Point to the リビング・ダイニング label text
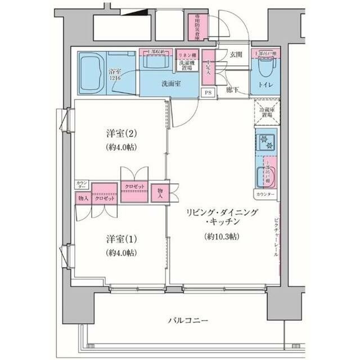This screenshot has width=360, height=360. [222, 212]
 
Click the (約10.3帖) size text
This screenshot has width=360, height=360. [222, 236]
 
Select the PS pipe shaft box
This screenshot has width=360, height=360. [208, 93]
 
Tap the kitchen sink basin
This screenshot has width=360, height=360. [262, 177]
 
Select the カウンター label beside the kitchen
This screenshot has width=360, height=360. [265, 194]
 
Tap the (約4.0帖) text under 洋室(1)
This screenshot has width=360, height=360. [121, 253]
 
